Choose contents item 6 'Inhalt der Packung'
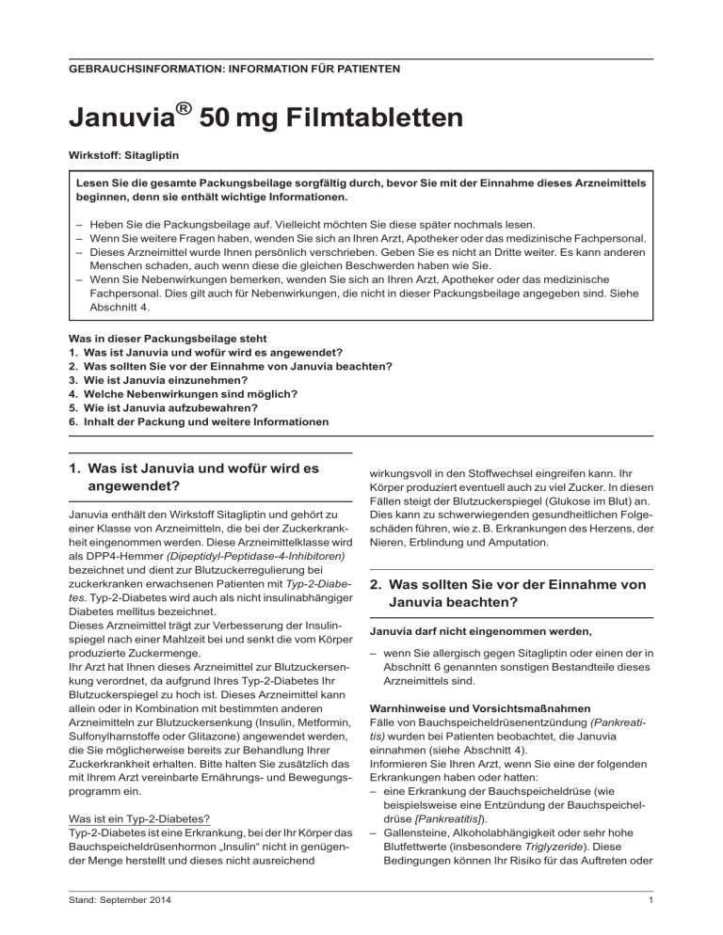point(199,422)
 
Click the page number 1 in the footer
point(651,911)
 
